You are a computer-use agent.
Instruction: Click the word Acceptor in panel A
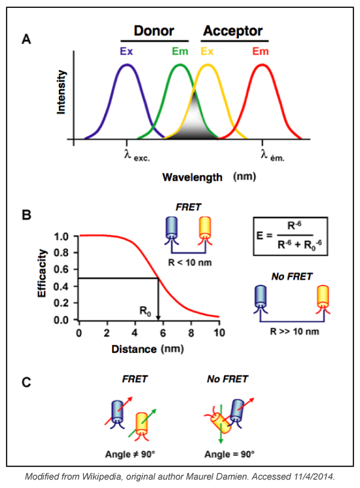(232, 31)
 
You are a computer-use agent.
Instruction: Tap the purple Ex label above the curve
(126, 50)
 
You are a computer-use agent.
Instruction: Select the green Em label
(179, 50)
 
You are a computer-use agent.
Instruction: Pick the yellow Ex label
(206, 50)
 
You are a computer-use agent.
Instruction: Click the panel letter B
(26, 214)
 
